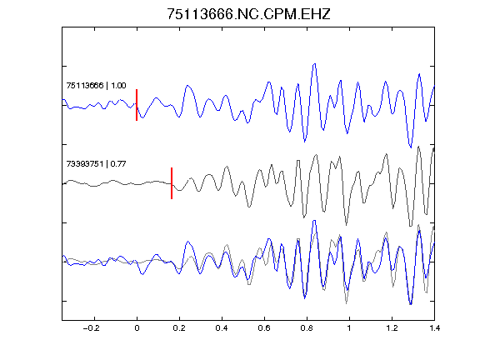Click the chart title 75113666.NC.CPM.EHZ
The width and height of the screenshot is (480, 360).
coord(248,14)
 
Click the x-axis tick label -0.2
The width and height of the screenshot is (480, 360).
coord(91,328)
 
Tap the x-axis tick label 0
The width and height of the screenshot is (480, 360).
coord(137,328)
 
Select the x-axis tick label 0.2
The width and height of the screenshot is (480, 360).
coord(179,328)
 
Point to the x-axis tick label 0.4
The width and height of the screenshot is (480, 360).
coord(222,328)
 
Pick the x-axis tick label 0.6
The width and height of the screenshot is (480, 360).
coord(264,328)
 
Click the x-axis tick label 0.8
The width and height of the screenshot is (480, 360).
coord(307,328)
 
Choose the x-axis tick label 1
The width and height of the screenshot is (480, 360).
coord(349,328)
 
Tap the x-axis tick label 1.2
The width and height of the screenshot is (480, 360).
coord(392,328)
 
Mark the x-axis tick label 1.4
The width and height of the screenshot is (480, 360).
coord(434,328)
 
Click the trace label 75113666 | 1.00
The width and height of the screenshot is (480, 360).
coord(96,85)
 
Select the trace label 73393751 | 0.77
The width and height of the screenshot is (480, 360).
coord(96,164)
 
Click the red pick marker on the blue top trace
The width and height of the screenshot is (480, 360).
coord(137,105)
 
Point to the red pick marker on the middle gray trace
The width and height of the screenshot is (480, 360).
coord(172,183)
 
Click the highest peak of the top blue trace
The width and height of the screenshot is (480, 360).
coord(314,64)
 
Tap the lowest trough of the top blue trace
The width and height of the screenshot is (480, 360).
coord(411,147)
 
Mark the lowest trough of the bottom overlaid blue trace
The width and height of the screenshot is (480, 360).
coord(411,304)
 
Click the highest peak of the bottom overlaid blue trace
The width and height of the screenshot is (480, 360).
coord(314,221)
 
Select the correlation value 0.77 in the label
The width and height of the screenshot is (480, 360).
coord(118,164)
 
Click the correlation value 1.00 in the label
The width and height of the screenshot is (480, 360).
coord(118,85)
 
